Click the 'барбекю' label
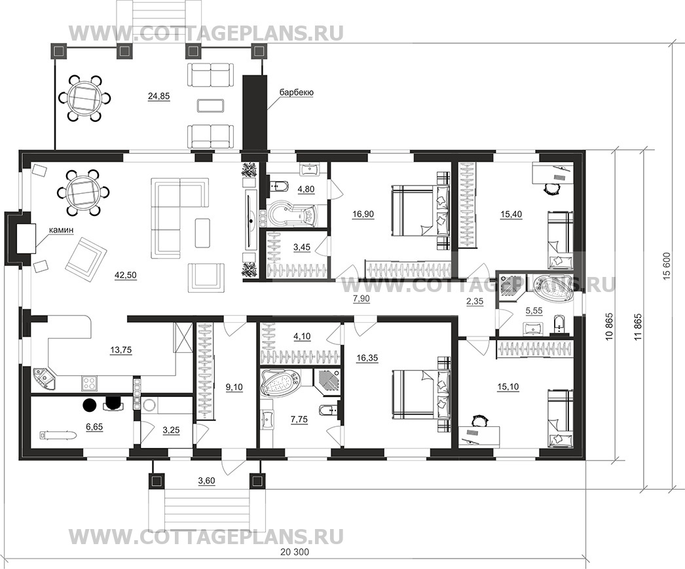point(296,93)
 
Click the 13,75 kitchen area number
point(120,350)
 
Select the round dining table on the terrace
point(84,98)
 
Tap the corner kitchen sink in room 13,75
point(45,378)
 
